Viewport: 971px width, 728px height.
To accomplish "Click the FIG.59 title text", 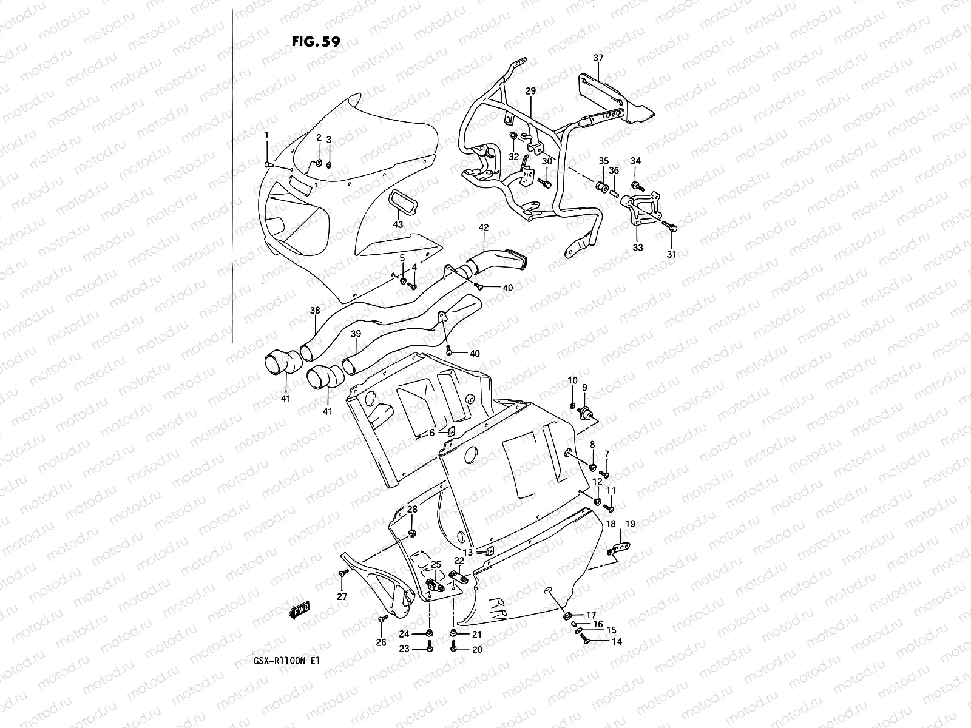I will click(316, 41).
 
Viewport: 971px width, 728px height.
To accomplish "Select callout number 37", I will click(598, 58).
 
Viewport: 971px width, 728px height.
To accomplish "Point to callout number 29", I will click(530, 91).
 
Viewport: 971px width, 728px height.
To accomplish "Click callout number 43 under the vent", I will click(398, 224).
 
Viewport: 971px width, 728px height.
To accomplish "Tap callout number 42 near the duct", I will click(484, 228).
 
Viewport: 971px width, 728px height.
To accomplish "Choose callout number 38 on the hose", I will click(315, 311).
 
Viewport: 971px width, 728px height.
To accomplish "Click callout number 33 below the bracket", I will click(638, 248).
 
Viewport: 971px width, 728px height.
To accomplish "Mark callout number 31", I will click(671, 255).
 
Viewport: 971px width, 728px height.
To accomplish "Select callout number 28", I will click(412, 509).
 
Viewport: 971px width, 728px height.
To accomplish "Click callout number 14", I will click(617, 641).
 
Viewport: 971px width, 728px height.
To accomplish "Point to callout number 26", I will click(381, 643).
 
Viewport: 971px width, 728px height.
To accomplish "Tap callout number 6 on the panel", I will click(432, 433).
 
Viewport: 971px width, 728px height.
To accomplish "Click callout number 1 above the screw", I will click(266, 135).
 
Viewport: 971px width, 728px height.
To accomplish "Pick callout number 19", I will click(630, 524).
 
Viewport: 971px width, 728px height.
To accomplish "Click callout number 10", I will click(572, 380).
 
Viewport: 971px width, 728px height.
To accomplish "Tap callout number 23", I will click(403, 649).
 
